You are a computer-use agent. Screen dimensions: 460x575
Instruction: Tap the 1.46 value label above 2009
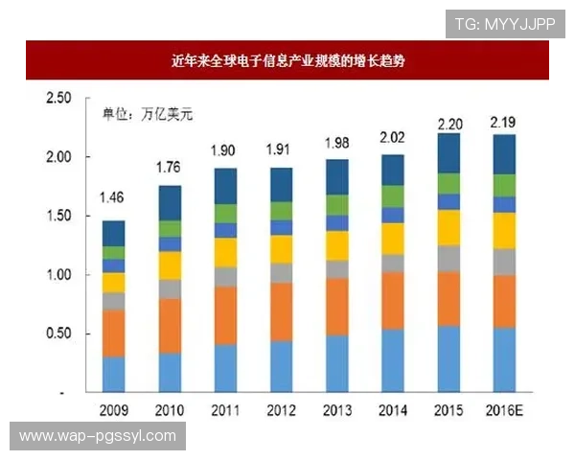coord(113,199)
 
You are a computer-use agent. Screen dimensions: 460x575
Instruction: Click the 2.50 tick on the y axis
coord(58,98)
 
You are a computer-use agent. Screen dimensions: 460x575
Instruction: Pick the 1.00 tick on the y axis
coord(58,275)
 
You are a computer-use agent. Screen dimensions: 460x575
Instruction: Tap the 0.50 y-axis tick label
coord(58,334)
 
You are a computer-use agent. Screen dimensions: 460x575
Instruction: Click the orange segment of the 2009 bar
coord(113,333)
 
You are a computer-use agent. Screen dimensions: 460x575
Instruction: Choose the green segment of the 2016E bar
coord(505,185)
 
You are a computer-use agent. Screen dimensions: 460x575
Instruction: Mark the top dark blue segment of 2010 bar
coord(170,202)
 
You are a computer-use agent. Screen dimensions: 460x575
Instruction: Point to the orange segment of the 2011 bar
coord(225,315)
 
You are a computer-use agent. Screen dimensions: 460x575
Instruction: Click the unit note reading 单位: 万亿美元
coord(148,115)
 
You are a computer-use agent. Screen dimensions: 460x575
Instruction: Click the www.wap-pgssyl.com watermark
coord(98,436)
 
